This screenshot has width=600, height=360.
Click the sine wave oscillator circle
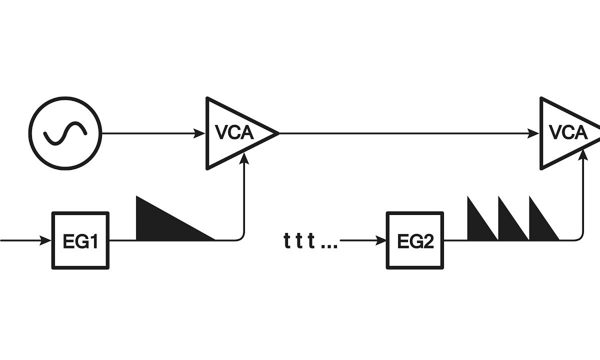[65, 133]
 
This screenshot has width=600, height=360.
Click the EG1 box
[80, 240]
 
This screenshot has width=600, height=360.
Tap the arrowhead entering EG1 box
[47, 240]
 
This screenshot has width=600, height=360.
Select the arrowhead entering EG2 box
[382, 240]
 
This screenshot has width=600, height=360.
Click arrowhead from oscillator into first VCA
[201, 133]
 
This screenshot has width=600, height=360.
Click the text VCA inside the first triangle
[234, 133]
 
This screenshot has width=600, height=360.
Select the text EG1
[80, 241]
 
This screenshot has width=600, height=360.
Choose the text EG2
[415, 241]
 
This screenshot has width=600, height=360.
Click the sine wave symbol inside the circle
[65, 133]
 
